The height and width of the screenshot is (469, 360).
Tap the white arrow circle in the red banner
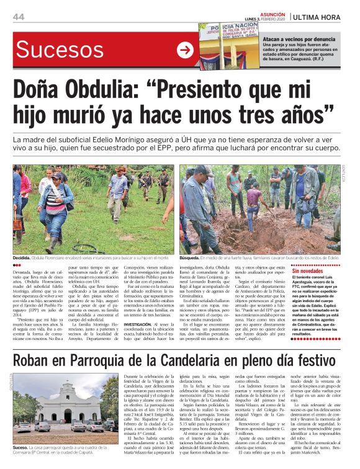(185, 50)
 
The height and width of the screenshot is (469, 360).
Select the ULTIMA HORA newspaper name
(322, 16)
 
